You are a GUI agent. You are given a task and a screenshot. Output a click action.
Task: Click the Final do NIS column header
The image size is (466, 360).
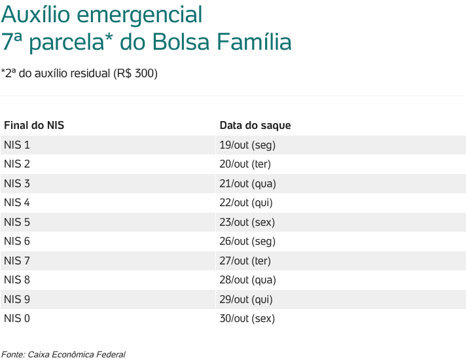point(34,125)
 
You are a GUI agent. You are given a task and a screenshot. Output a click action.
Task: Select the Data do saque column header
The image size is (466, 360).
point(255,125)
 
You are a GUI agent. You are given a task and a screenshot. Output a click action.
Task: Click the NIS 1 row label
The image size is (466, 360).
point(17,145)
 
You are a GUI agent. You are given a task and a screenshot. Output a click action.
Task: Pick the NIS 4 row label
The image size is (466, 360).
point(17,202)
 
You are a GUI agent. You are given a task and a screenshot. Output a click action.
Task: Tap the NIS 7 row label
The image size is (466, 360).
point(17,261)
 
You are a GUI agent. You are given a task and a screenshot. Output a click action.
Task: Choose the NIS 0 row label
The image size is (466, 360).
point(17,319)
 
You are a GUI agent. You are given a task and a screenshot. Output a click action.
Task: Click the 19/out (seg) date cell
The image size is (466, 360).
point(247,145)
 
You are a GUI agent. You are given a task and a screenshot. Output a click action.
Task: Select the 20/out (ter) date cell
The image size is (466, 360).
point(245,164)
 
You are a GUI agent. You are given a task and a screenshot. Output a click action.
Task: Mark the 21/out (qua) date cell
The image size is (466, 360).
point(247,183)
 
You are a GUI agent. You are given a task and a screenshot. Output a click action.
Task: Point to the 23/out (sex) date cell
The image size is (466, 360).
point(247,222)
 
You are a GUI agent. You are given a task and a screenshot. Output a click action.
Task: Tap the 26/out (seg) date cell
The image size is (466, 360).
point(247,241)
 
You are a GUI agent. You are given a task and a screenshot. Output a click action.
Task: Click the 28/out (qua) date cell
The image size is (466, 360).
point(247,280)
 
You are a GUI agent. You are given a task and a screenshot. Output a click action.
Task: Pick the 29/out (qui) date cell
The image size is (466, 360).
point(246,299)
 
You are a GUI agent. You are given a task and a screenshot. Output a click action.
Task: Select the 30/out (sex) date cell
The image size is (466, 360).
point(247,319)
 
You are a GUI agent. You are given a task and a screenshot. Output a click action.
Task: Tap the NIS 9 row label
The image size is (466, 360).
point(17,299)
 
